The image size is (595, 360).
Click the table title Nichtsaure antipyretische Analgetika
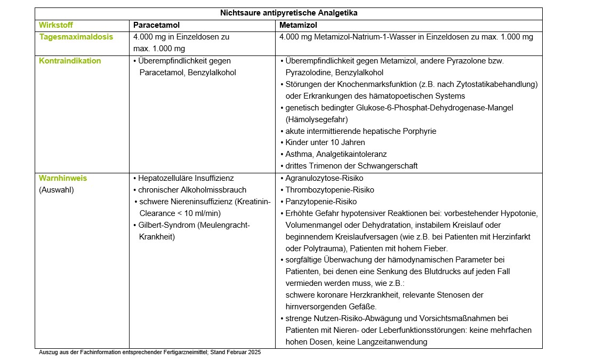click(288, 13)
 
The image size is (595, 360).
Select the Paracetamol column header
click(156, 25)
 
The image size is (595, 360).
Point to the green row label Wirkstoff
click(56, 25)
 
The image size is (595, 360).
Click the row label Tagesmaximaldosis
click(76, 37)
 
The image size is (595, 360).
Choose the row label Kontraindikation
click(70, 61)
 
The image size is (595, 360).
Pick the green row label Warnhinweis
click(63, 178)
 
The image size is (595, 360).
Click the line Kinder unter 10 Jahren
click(325, 142)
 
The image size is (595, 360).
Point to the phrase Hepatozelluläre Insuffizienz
click(186, 178)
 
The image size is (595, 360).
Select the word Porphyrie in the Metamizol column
click(420, 131)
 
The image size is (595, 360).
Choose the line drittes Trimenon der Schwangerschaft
click(351, 166)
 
